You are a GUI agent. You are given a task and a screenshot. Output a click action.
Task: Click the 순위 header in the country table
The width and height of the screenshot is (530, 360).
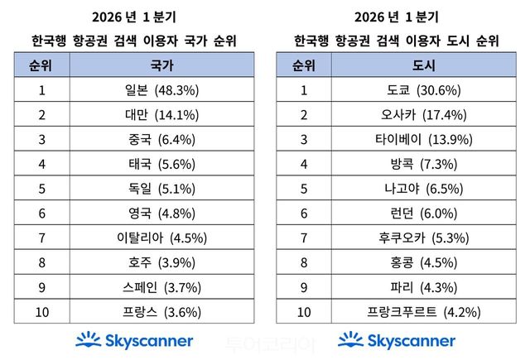pos(41,65)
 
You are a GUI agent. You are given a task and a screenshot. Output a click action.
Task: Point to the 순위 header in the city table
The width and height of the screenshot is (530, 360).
pos(303,65)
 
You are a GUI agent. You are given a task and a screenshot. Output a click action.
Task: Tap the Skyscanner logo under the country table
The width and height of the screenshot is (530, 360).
pos(134,339)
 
